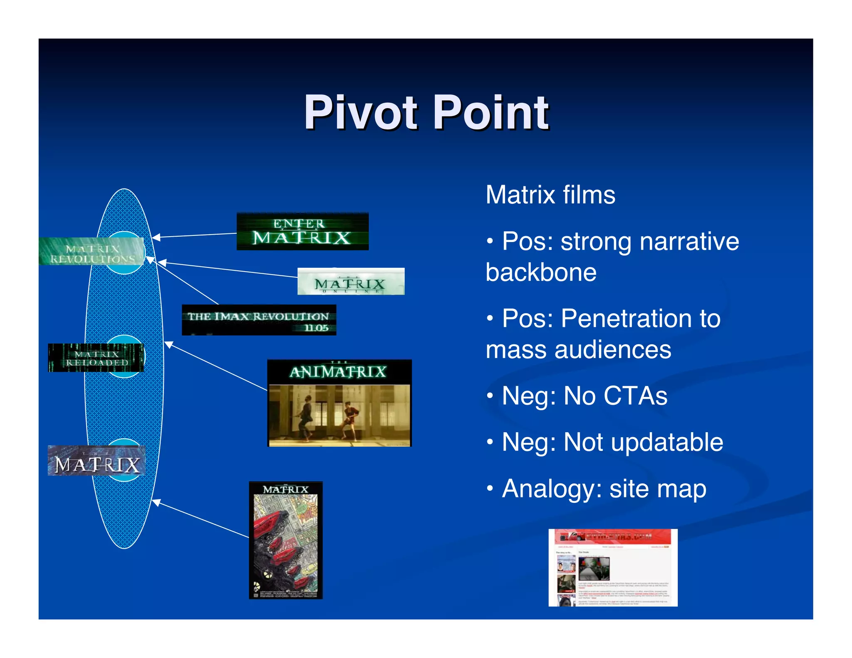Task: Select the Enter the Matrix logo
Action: pos(302,231)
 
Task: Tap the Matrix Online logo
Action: pos(351,282)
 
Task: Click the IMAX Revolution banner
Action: pos(258,320)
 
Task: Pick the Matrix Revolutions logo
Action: pos(92,252)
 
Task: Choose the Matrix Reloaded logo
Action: pos(96,358)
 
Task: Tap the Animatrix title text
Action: pos(338,371)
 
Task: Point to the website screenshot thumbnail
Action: pos(612,567)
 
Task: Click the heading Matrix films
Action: pos(550,195)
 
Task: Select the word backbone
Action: pos(541,273)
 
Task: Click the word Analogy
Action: pos(552,489)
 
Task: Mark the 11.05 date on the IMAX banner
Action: pos(316,328)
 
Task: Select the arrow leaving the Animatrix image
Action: pos(216,366)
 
